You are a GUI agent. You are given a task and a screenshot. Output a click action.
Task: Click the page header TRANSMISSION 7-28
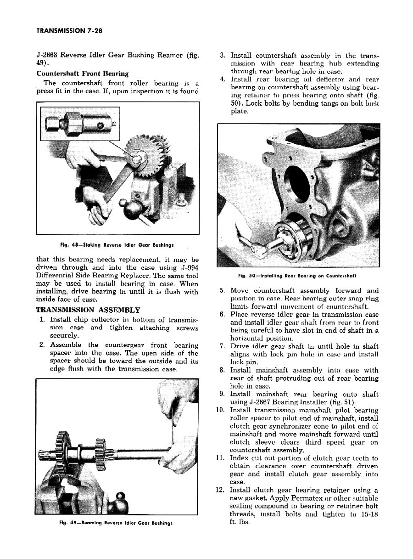coord(68,31)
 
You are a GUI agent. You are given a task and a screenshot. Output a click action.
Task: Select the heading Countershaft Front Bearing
coord(82,73)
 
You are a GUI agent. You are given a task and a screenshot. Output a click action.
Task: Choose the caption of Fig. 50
coord(298,276)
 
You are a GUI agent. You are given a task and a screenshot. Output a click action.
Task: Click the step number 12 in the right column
coord(219,490)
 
